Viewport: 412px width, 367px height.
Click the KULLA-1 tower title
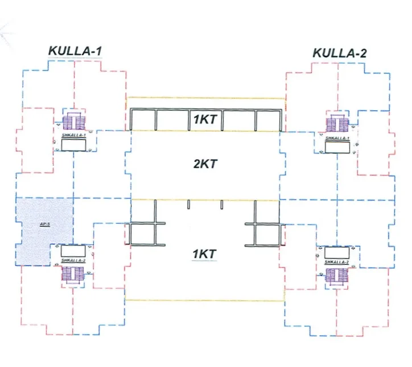[x=75, y=51]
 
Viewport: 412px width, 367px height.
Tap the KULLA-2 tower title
[x=340, y=53]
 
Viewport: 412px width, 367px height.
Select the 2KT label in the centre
[x=205, y=164]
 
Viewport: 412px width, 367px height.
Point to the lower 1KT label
[x=204, y=254]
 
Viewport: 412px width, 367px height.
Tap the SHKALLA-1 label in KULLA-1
[x=74, y=136]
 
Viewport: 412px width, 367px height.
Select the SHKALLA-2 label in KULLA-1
[x=73, y=261]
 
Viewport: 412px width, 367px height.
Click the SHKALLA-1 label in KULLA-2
[x=337, y=139]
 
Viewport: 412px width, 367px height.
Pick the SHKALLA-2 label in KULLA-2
[x=337, y=261]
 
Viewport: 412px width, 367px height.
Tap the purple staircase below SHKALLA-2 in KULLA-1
[x=73, y=274]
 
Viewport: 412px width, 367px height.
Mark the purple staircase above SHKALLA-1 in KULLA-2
[x=337, y=125]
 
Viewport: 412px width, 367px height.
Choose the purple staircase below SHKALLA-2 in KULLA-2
[x=337, y=276]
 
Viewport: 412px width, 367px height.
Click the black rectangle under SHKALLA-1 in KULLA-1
[x=74, y=145]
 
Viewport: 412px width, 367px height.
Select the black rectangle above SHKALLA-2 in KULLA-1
[x=73, y=251]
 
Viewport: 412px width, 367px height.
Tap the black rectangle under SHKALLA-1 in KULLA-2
[x=337, y=147]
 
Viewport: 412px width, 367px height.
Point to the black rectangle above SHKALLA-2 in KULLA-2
[x=337, y=252]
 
